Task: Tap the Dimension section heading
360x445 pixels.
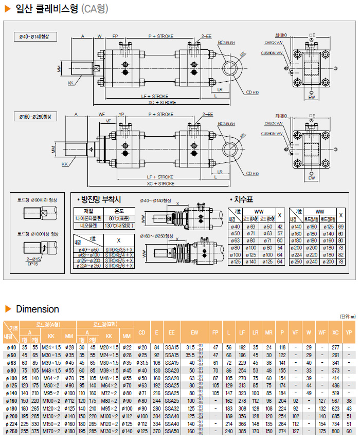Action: (38, 309)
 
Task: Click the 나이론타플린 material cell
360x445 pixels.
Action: (88, 218)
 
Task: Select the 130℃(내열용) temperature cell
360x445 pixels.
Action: (118, 225)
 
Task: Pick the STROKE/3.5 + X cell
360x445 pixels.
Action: (119, 249)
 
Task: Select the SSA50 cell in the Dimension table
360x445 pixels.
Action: (172, 431)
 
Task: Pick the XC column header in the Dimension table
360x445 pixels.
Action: (335, 332)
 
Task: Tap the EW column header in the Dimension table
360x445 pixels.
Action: (194, 332)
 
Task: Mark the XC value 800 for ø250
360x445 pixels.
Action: (335, 431)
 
